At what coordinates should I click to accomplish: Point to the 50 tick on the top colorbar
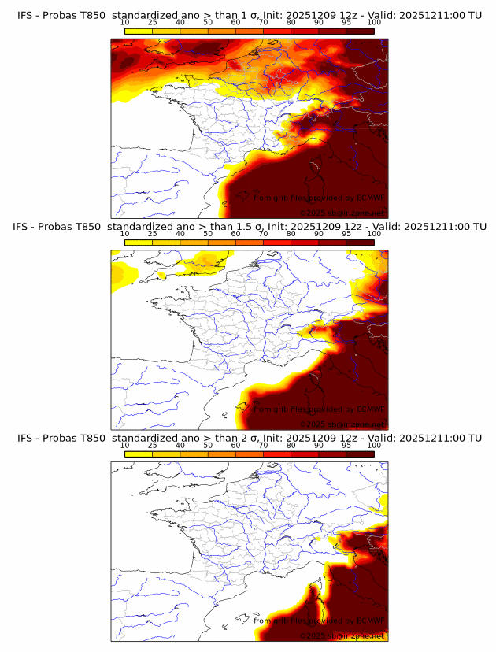pos(209,22)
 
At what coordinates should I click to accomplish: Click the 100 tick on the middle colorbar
pos(374,234)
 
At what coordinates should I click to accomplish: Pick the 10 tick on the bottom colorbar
pos(125,446)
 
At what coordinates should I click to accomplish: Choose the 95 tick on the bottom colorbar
pos(346,446)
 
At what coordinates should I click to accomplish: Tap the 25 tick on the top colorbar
pos(153,22)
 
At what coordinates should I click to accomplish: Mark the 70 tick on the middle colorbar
pos(264,234)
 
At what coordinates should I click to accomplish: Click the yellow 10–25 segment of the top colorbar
pos(139,31)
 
